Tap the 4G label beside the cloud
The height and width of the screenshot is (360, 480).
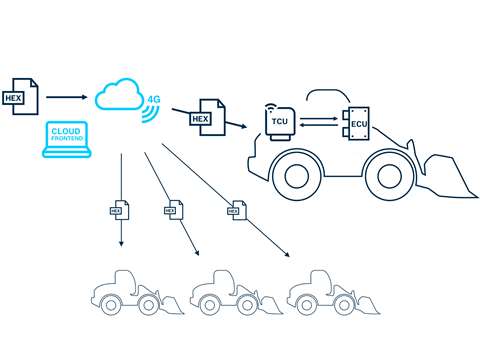click(x=154, y=100)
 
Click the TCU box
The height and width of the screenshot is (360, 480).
click(x=279, y=121)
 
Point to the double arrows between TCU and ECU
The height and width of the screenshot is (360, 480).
click(x=319, y=121)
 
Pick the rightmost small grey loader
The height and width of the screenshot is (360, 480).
click(x=321, y=294)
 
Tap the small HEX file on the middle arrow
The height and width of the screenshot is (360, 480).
click(x=172, y=209)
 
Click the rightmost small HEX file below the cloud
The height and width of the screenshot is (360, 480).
click(x=234, y=209)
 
